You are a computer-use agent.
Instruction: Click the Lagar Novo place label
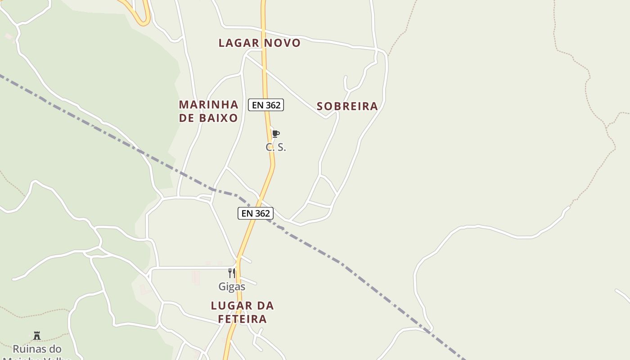pos(260,43)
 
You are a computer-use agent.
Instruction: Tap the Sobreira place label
pos(347,107)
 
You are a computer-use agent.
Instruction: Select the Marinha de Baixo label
pos(208,111)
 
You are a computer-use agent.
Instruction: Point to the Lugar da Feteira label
pos(242,312)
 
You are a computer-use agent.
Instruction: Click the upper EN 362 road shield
pos(266,105)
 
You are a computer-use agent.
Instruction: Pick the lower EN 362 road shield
pos(255,213)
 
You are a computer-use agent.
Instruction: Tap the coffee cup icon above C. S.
pos(275,134)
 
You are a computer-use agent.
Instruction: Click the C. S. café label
pos(275,147)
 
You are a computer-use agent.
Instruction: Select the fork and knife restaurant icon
pos(232,273)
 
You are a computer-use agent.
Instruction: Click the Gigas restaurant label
pos(232,287)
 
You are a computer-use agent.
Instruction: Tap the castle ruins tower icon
pos(37,336)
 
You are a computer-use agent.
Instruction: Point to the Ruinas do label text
pos(37,349)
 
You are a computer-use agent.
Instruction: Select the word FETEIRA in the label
pos(242,319)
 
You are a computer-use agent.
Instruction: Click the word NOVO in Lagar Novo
pos(282,43)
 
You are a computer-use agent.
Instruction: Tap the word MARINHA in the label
pos(208,105)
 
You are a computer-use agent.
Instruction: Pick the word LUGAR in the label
pos(228,306)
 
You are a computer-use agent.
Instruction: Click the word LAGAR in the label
pos(238,43)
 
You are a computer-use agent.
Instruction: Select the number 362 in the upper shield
pos(273,105)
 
